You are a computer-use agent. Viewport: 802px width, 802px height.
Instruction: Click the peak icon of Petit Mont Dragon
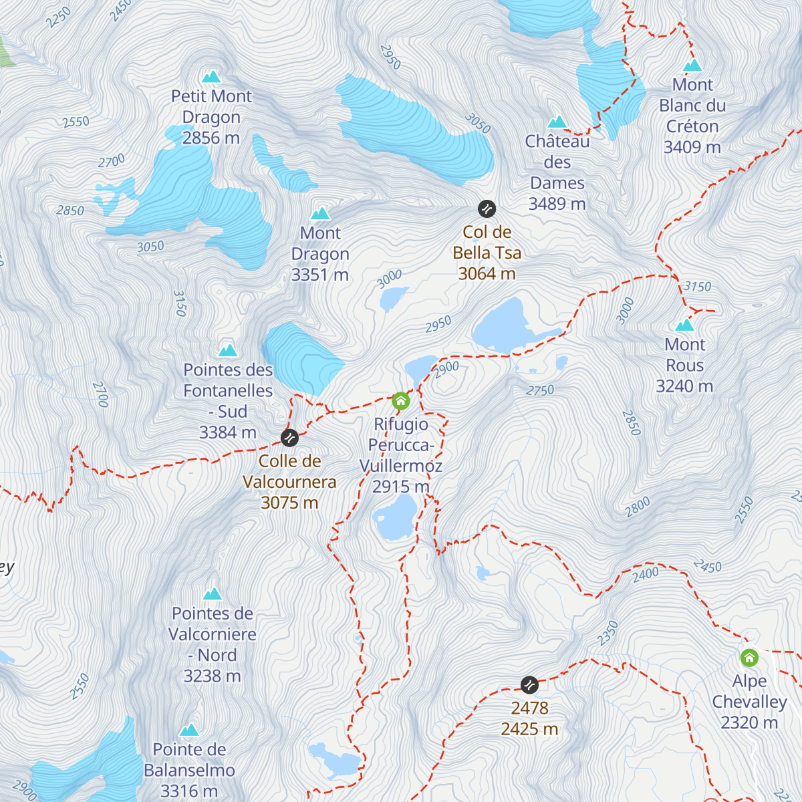point(211,76)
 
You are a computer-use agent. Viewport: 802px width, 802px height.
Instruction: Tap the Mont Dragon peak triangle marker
point(320,213)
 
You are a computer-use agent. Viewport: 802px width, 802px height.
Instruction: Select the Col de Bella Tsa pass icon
point(487,209)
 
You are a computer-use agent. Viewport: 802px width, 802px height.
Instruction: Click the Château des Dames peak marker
point(557,122)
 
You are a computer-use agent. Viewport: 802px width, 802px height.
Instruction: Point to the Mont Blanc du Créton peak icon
point(692,65)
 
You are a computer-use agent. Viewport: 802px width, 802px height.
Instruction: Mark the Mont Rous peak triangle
point(684,325)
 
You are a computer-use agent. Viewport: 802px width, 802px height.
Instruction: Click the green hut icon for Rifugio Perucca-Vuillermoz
point(400,401)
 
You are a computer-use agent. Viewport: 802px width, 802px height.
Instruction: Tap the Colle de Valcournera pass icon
point(289,438)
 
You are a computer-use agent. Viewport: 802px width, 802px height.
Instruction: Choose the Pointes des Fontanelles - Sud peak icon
point(228,350)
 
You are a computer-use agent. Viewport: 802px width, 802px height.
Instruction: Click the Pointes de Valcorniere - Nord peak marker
point(213,593)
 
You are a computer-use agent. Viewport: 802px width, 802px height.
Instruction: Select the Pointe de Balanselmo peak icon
point(189,730)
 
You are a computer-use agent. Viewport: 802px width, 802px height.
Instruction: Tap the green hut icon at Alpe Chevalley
point(749,658)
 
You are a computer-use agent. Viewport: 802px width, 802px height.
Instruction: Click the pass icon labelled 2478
point(529,685)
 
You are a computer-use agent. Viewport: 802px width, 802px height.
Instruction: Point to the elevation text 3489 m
point(557,204)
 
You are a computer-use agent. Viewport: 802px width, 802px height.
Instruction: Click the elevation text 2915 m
point(400,487)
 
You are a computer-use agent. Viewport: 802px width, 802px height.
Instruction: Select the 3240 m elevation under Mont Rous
point(684,386)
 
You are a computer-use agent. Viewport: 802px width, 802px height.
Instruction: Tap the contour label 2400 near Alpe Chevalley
point(646,574)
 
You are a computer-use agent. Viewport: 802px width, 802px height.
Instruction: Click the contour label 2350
point(608,634)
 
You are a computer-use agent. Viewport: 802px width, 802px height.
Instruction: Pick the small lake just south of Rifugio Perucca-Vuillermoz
point(396,517)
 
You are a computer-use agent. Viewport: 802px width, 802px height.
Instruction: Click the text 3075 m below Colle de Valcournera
point(289,503)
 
